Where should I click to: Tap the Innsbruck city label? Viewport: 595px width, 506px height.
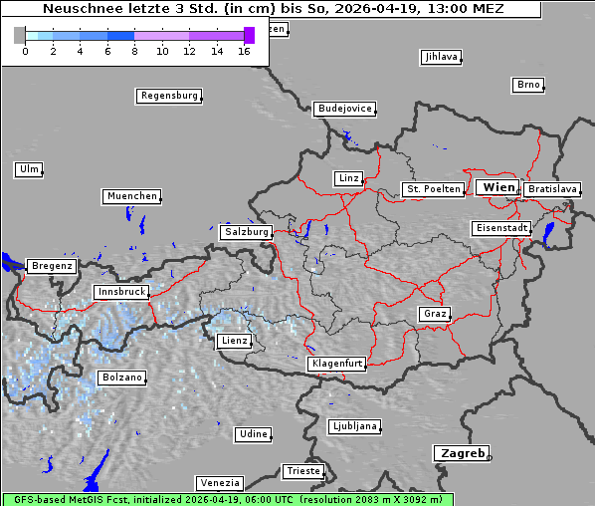120,292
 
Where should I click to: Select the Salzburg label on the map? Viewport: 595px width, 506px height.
246,231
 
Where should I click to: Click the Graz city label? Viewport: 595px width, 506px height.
435,314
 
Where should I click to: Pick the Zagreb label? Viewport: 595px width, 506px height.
461,453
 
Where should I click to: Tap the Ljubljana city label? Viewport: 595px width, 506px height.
353,426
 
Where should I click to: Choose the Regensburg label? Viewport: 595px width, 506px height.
168,96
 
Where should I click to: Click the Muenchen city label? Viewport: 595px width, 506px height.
131,196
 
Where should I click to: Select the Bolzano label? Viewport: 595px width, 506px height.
121,378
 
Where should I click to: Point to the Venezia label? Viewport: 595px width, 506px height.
219,483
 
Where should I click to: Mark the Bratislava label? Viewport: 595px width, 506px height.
551,188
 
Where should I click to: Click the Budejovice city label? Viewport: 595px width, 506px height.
344,109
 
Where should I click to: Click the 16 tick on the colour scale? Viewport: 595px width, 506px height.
244,51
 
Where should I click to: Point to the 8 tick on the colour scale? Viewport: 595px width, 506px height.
134,51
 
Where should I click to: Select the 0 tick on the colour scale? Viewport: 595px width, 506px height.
25,51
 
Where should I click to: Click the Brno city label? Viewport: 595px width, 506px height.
528,85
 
